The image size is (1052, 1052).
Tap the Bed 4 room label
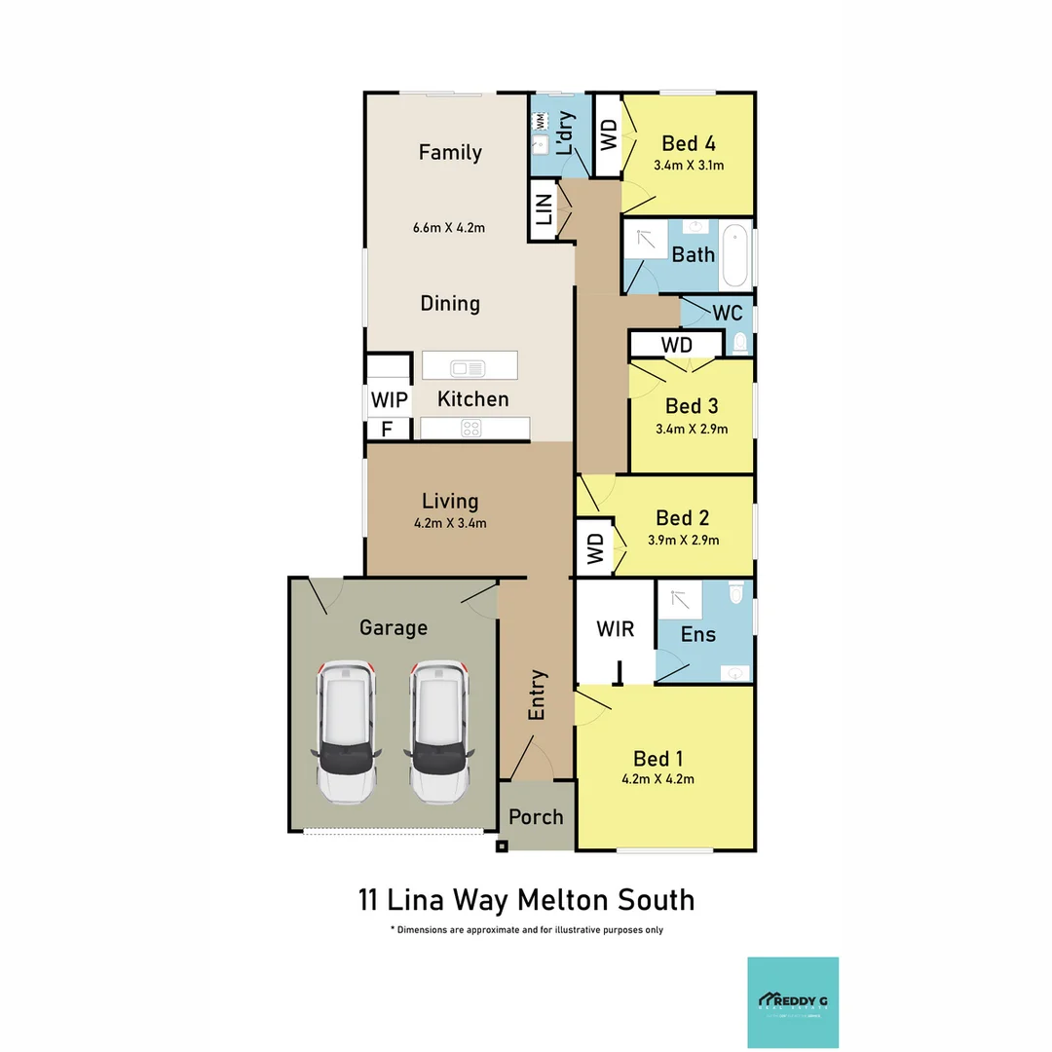click(690, 142)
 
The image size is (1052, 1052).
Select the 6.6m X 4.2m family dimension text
click(450, 228)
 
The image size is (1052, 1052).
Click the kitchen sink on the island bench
click(468, 367)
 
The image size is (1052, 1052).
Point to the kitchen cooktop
click(470, 427)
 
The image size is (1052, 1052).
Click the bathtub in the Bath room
click(734, 256)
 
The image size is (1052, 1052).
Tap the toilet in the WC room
click(740, 343)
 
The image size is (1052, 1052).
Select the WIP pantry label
click(388, 399)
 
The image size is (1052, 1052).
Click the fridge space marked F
click(387, 430)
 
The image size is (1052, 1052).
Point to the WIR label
click(615, 629)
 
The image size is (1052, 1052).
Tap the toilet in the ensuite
click(735, 591)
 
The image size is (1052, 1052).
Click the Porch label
click(536, 816)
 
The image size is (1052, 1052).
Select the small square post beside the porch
click(502, 846)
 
